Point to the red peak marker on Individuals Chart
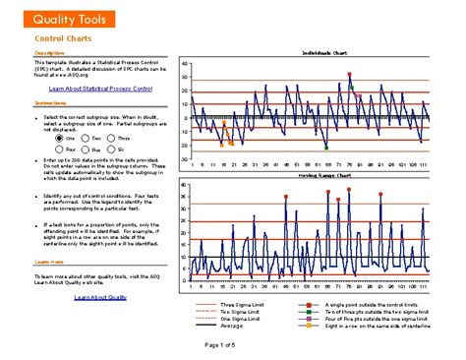click(349, 74)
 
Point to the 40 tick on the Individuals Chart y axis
click(184, 65)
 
